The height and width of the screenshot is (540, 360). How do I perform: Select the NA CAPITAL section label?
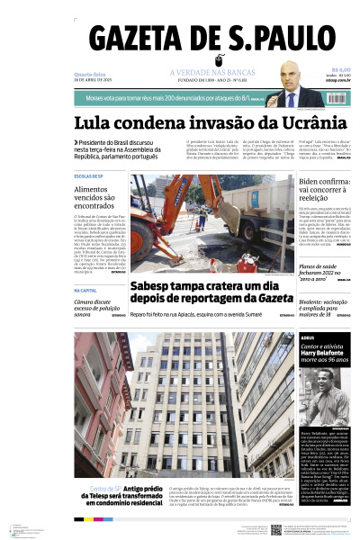85,290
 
